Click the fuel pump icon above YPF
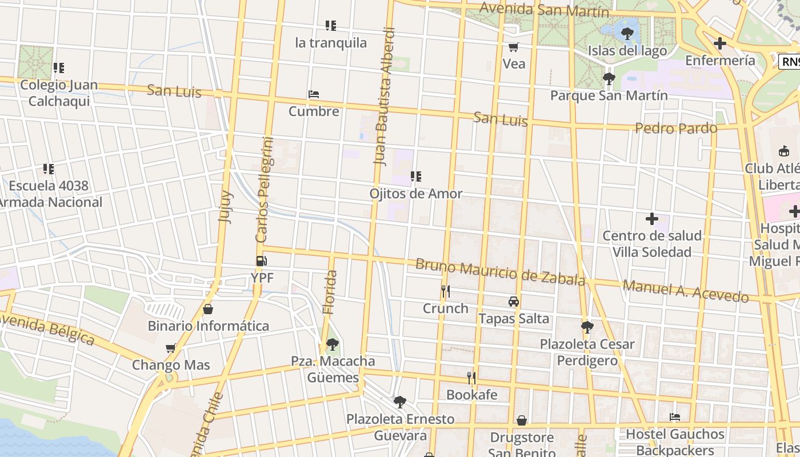click(261, 261)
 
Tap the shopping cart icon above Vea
click(514, 47)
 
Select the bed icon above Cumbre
click(313, 94)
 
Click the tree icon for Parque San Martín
click(609, 78)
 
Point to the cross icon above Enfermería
click(720, 43)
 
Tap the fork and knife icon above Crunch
click(446, 291)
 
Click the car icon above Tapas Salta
click(514, 302)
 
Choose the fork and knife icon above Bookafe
click(471, 378)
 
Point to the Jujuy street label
click(225, 206)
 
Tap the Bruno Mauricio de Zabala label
click(500, 272)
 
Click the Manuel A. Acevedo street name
click(686, 291)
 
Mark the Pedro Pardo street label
click(676, 128)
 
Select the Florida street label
click(330, 292)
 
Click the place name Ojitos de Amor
click(416, 194)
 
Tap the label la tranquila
click(331, 43)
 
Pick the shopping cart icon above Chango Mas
click(170, 348)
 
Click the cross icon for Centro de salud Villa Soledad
click(652, 219)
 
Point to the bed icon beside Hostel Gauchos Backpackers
click(675, 417)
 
